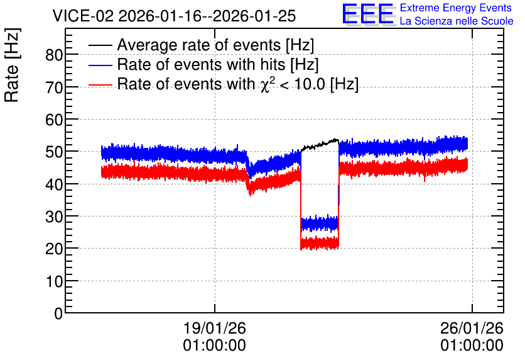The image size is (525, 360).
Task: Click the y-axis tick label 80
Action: (54, 55)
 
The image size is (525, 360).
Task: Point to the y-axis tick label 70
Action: (54, 87)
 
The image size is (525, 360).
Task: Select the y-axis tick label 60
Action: (54, 120)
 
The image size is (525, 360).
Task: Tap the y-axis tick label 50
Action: (54, 152)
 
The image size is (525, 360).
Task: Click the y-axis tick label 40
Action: (54, 184)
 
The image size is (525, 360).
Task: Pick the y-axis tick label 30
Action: (54, 217)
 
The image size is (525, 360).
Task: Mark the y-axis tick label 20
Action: (54, 249)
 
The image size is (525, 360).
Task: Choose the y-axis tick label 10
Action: (54, 281)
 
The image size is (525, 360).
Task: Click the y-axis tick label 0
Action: (58, 313)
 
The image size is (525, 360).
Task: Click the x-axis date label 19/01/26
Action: (215, 328)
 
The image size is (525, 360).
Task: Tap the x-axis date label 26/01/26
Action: (472, 328)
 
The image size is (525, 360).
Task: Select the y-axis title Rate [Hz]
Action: (12, 65)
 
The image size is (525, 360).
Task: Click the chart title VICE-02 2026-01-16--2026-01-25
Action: (174, 16)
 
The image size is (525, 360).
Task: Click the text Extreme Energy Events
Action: (456, 8)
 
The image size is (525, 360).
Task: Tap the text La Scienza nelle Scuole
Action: (457, 21)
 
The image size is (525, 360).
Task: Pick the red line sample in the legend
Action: (100, 85)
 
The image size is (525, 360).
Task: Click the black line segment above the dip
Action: (320, 144)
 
